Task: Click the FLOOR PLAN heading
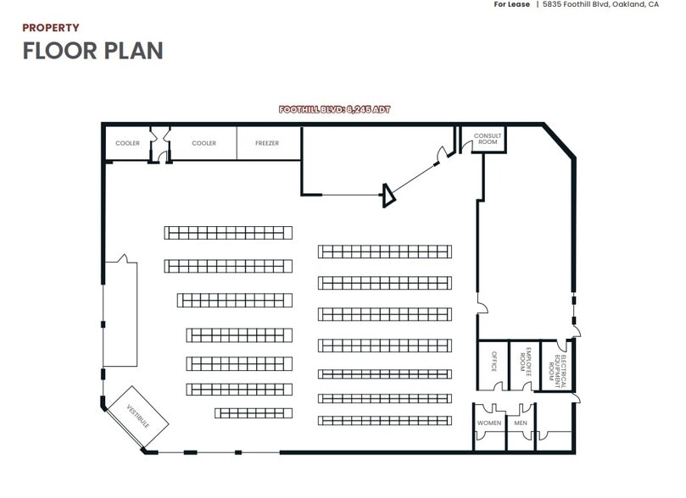pyautogui.click(x=92, y=50)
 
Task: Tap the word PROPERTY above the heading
pyautogui.click(x=51, y=28)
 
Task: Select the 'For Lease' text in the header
pyautogui.click(x=511, y=4)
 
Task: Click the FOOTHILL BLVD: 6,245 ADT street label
pyautogui.click(x=335, y=109)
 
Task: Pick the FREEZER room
pyautogui.click(x=267, y=143)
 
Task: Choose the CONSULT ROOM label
pyautogui.click(x=488, y=139)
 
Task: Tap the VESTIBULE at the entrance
pyautogui.click(x=137, y=417)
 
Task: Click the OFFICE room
pyautogui.click(x=491, y=365)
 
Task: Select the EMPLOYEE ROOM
pyautogui.click(x=524, y=365)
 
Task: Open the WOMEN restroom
pyautogui.click(x=489, y=423)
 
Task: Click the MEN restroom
pyautogui.click(x=521, y=423)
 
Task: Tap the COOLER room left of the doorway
pyautogui.click(x=127, y=143)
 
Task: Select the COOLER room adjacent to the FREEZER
pyautogui.click(x=204, y=143)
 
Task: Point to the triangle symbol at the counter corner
pyautogui.click(x=388, y=196)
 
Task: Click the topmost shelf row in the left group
pyautogui.click(x=227, y=232)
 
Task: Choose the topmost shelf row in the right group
pyautogui.click(x=388, y=251)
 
